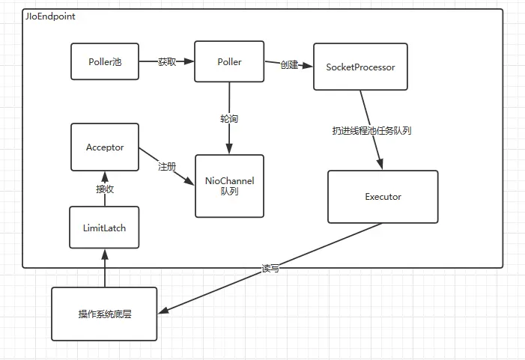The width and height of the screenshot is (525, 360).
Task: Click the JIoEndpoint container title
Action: pos(50,16)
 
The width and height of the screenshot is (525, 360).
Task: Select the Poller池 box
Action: pos(105,61)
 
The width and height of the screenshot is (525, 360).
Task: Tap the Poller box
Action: pos(229,61)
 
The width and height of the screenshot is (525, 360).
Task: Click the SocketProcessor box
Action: pos(360,67)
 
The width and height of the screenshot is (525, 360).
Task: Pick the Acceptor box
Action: pos(105,147)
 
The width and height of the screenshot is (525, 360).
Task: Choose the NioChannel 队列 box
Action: pos(230,186)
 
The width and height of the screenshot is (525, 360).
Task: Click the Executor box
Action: pos(383,197)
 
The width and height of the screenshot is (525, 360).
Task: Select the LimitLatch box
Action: pos(104,228)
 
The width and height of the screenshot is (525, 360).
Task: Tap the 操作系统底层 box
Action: pos(104,314)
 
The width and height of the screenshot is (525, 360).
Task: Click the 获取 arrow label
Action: pos(167,61)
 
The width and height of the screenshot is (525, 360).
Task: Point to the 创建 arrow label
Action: pos(289,64)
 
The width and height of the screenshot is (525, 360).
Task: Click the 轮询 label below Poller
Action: pos(229,118)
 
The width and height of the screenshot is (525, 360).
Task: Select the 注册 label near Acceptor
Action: pos(167,166)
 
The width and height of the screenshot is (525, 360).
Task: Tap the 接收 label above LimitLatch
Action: pos(105,189)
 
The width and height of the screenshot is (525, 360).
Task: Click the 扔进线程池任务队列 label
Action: pos(371,130)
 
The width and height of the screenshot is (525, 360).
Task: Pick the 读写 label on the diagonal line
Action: pos(270,269)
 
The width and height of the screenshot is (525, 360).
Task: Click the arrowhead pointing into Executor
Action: pos(380,164)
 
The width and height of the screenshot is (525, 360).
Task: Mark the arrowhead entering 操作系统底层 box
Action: pos(163,310)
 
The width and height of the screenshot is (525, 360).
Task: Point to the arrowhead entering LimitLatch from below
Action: pos(105,254)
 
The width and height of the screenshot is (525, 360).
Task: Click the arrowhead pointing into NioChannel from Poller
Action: pos(229,148)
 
